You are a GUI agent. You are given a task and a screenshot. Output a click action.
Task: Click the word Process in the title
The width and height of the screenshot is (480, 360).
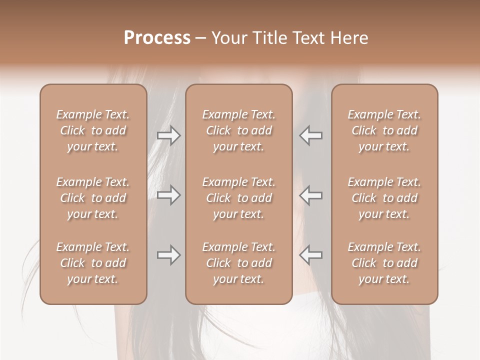point(157,38)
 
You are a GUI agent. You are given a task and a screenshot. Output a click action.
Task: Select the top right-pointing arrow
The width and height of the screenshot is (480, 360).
point(168,135)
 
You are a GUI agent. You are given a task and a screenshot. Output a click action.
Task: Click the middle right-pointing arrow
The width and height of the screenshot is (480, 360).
point(168,195)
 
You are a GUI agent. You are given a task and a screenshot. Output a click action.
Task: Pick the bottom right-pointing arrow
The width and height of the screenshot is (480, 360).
point(168,255)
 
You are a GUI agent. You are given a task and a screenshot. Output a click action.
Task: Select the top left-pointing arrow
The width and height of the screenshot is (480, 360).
point(310,135)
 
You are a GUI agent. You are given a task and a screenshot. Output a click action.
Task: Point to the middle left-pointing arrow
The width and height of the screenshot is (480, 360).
point(310,195)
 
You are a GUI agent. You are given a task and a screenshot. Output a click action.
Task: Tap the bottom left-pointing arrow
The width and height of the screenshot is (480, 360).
point(310,255)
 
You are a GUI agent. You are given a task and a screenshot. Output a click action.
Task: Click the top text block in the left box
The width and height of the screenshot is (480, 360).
point(93,130)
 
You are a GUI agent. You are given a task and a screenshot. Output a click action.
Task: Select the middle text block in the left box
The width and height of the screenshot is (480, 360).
point(93,198)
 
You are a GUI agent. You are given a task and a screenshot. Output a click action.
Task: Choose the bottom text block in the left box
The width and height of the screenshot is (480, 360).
point(93,263)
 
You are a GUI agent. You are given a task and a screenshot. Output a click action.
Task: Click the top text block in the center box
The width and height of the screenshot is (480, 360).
point(238,130)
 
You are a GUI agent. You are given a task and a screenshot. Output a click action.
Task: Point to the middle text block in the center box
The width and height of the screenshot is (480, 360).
point(238,198)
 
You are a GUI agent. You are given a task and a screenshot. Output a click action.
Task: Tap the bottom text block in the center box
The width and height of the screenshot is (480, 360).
point(238,263)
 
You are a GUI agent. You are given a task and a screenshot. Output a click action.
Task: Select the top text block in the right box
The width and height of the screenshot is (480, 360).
point(384,130)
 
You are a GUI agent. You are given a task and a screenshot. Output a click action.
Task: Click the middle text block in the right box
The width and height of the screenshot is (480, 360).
point(384,198)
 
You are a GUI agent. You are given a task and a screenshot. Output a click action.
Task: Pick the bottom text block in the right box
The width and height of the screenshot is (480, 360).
point(384,263)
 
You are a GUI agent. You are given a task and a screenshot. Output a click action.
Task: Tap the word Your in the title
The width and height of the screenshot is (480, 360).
point(228,38)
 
